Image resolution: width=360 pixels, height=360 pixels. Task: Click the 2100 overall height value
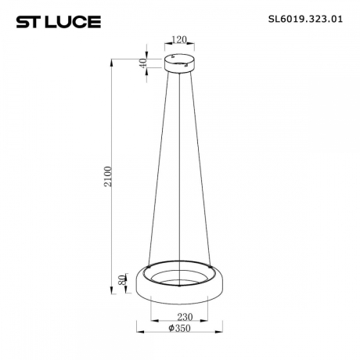110,175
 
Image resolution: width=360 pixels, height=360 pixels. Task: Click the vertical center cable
182,172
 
